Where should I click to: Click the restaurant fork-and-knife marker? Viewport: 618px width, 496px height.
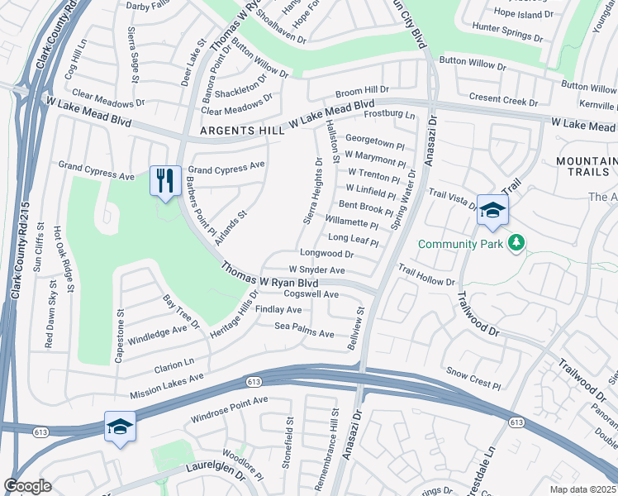point(164,180)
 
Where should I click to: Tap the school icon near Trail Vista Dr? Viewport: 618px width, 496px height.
point(492,210)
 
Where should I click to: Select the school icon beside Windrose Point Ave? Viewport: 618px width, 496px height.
point(120,427)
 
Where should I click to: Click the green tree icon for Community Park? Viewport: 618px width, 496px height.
point(516,242)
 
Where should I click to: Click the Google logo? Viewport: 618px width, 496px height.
point(27,485)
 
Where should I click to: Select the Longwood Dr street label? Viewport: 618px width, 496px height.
point(326,254)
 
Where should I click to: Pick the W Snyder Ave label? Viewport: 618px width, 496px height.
point(316,270)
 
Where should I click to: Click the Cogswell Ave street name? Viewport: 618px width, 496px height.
point(311,294)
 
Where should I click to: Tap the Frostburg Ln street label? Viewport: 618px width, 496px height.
point(389,114)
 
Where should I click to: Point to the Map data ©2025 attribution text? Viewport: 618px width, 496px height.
point(583,489)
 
